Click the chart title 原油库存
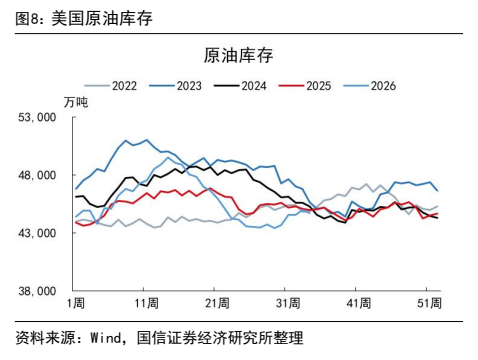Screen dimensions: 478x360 pos(238,55)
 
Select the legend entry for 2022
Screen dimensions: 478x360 pos(110,86)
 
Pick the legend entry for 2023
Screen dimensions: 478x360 pos(175,86)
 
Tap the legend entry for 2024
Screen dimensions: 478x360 pos(240,86)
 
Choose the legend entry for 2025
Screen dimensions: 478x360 pos(305,86)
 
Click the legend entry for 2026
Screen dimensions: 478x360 pos(369,86)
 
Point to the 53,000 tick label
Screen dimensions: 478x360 pos(37,117)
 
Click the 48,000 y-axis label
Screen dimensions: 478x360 pos(37,175)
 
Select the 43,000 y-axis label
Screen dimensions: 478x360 pos(37,233)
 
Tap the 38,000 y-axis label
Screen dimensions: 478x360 pos(37,291)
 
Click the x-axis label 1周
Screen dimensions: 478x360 pos(76,303)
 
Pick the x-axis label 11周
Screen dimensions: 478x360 pos(146,303)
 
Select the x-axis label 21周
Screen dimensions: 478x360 pos(217,303)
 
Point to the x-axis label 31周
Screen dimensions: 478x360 pos(288,303)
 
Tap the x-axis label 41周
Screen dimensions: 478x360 pos(359,303)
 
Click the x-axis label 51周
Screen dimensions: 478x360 pos(429,303)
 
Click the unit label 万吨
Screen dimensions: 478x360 pos(76,102)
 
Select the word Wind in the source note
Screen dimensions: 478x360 pos(106,338)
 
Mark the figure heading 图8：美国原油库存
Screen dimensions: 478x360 pos(84,18)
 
